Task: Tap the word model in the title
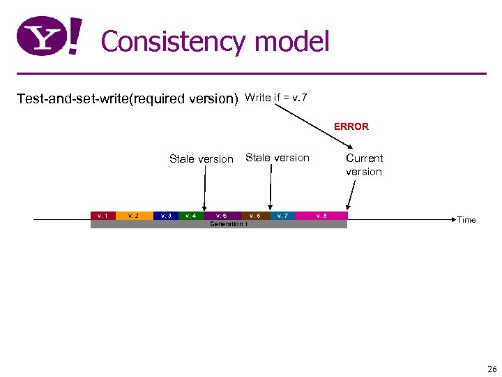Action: (291, 42)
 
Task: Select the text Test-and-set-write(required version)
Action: (128, 98)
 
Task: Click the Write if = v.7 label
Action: (276, 97)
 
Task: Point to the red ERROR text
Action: (351, 126)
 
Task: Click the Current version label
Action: (364, 165)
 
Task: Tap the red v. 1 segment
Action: (102, 216)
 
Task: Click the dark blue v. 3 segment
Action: (166, 216)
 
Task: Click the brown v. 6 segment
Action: (255, 216)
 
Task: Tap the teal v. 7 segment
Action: (282, 216)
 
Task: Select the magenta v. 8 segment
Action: (321, 216)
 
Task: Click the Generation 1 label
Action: (228, 224)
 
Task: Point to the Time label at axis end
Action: (466, 220)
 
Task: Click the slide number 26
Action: (492, 369)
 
